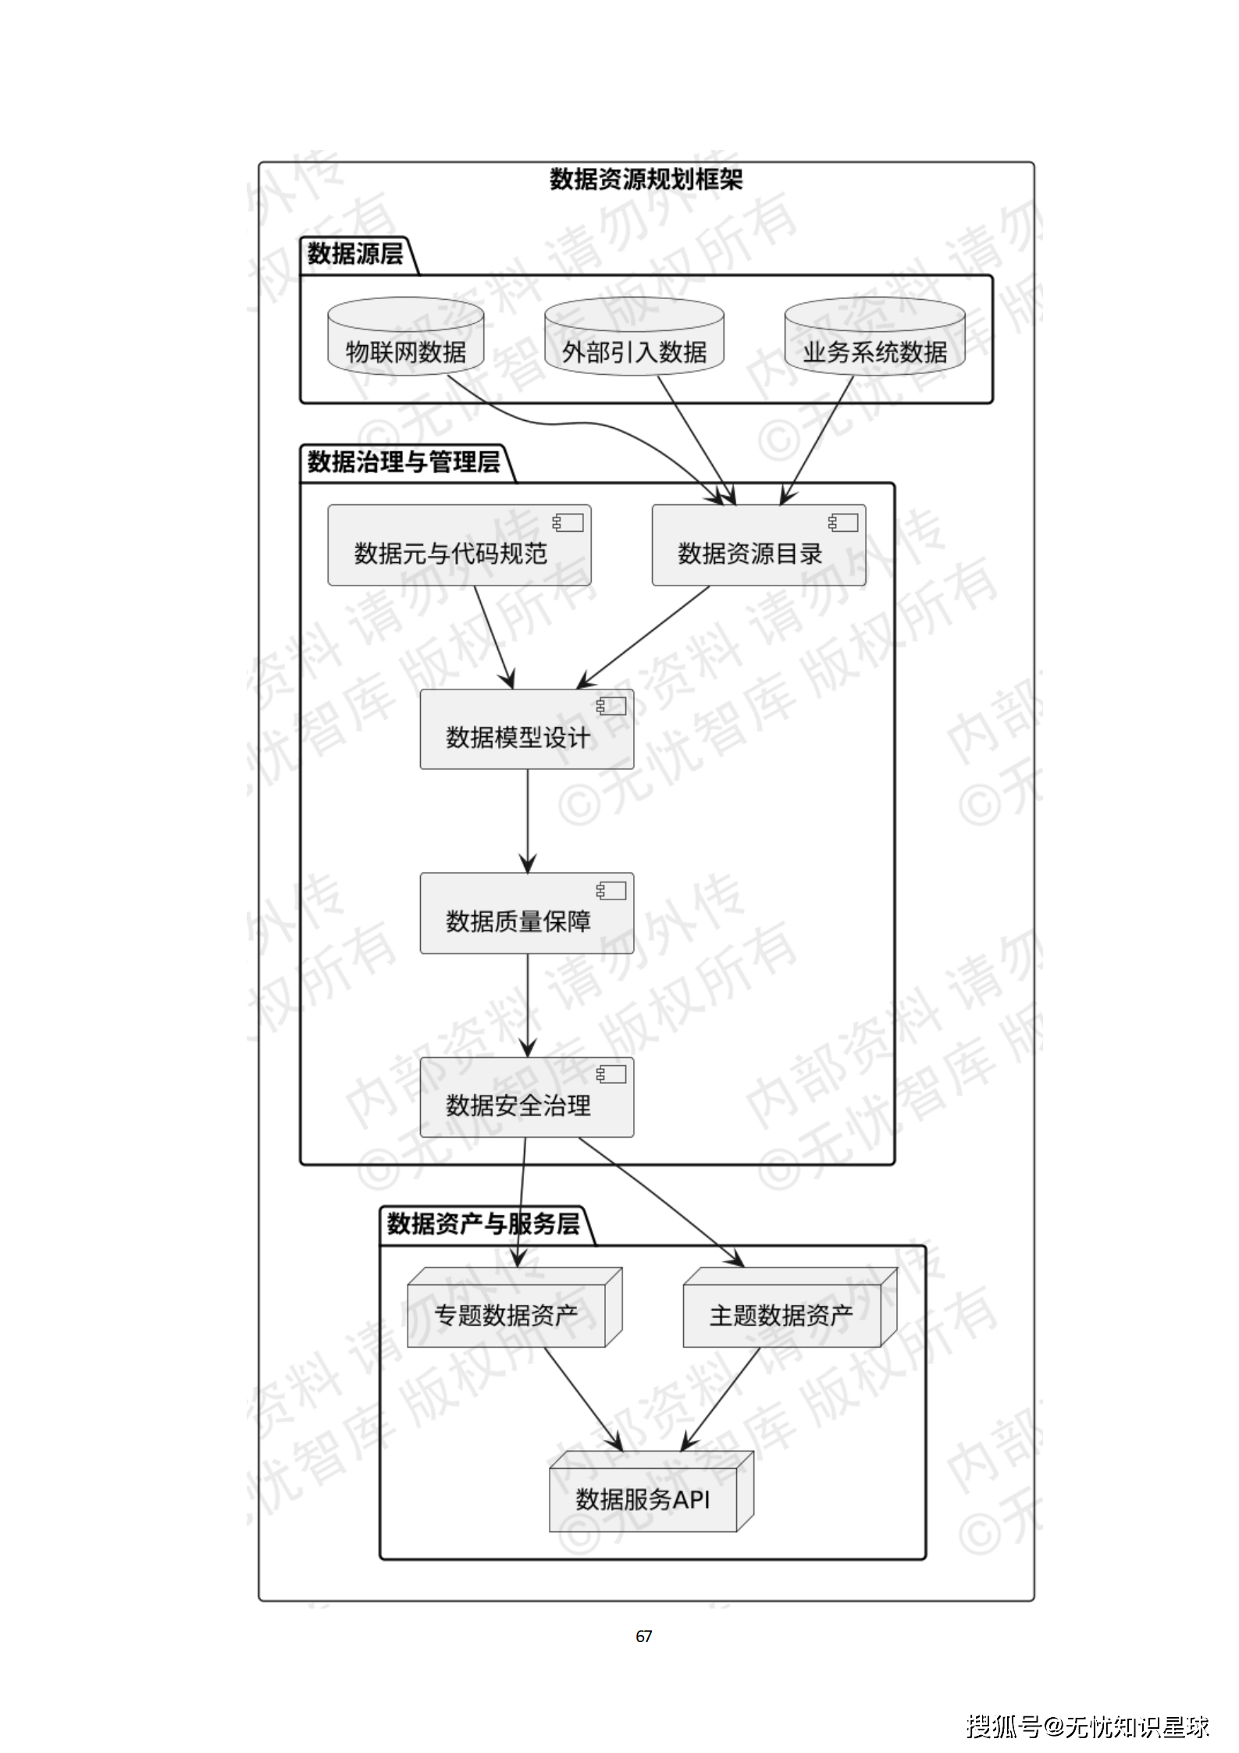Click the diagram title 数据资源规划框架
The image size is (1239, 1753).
(646, 180)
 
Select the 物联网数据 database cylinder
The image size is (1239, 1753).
(405, 344)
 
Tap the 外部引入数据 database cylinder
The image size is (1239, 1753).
(634, 344)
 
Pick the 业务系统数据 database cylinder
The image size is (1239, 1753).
(874, 344)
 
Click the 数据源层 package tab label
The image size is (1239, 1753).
(355, 254)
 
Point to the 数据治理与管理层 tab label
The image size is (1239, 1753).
(404, 462)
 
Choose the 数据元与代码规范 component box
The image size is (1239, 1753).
(459, 546)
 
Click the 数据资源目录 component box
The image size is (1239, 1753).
(758, 546)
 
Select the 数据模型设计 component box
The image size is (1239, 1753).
(526, 729)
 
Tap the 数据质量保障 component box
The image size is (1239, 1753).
(526, 914)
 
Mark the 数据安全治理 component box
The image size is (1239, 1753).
(526, 1097)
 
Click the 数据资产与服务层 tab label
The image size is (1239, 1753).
(483, 1223)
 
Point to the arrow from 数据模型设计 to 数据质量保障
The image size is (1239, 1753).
(528, 820)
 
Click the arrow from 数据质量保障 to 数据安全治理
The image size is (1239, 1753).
(528, 1004)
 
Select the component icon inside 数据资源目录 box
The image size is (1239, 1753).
(843, 522)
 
